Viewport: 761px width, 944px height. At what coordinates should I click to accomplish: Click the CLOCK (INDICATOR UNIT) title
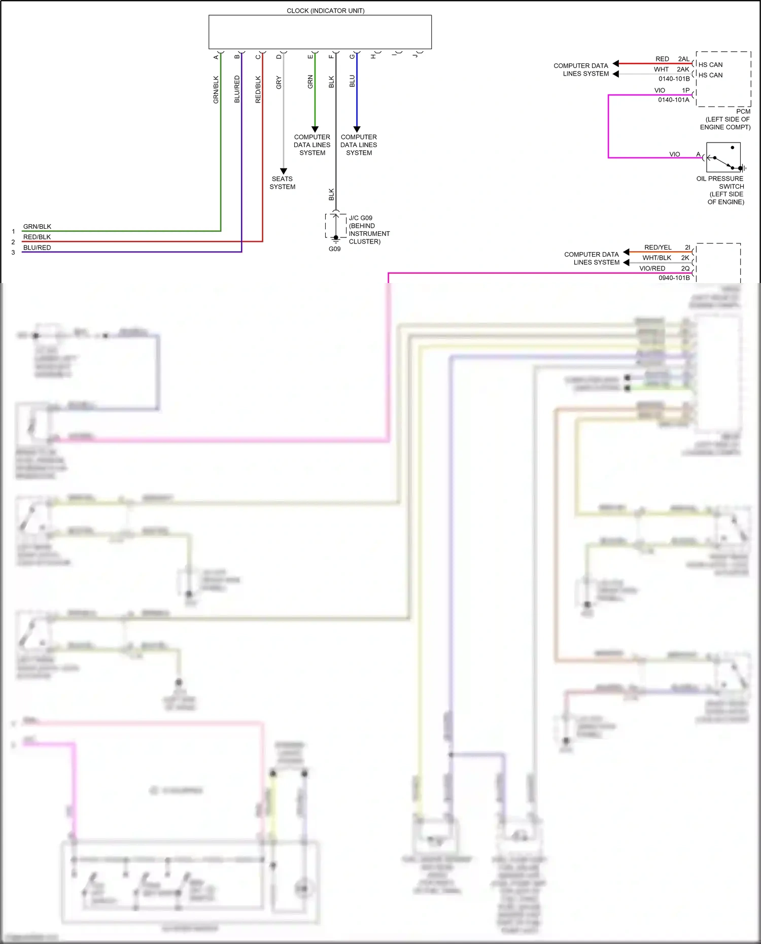click(325, 11)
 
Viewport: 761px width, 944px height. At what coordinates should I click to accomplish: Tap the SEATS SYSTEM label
click(282, 183)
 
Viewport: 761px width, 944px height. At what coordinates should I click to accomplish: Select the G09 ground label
click(334, 249)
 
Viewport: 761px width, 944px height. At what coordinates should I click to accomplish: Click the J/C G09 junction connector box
click(335, 226)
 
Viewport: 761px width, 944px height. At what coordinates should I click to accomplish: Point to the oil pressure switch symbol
click(723, 158)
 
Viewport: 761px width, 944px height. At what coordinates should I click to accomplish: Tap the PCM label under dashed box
click(743, 112)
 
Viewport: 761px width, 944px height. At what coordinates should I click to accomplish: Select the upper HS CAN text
click(710, 65)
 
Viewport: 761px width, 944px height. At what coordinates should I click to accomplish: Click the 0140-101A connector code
click(673, 100)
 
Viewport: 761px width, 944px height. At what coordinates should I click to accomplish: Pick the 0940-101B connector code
click(674, 278)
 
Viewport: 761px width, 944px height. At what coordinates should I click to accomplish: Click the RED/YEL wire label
click(658, 248)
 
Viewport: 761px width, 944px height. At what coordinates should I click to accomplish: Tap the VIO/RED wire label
click(652, 268)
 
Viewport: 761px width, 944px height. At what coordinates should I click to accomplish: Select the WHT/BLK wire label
click(656, 258)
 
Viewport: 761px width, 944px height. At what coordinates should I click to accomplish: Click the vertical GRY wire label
click(279, 83)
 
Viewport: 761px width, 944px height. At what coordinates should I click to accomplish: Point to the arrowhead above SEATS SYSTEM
click(283, 171)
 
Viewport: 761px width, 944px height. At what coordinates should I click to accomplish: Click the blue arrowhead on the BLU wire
click(357, 129)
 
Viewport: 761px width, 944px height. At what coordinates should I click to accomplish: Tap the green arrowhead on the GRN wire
click(315, 129)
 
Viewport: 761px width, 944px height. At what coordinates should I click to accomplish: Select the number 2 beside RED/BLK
click(13, 242)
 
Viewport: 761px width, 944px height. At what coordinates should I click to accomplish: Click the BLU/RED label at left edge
click(37, 248)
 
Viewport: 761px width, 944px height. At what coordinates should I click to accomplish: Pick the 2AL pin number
click(683, 59)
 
